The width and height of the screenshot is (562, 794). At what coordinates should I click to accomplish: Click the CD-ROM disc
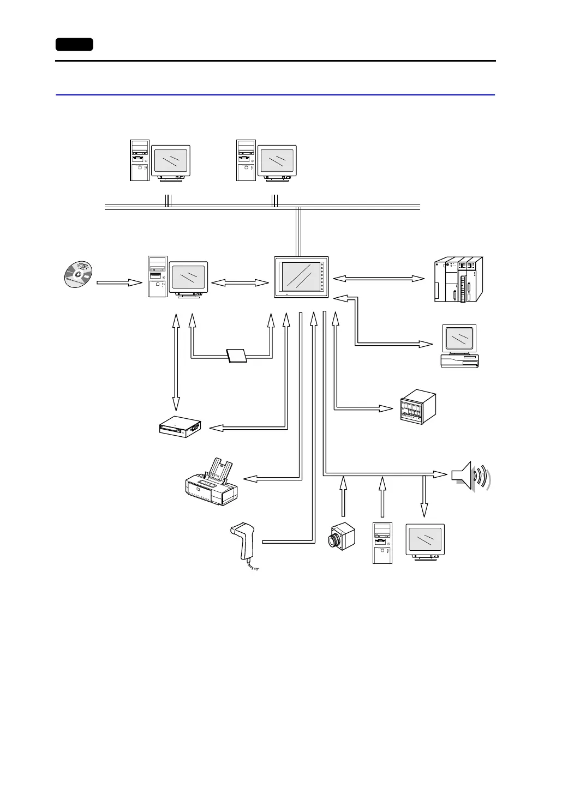click(x=78, y=274)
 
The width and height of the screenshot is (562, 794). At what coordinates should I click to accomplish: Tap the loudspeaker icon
click(x=470, y=476)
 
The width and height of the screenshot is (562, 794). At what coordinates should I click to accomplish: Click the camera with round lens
click(x=342, y=536)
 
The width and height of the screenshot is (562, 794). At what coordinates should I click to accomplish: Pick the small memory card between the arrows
click(x=237, y=355)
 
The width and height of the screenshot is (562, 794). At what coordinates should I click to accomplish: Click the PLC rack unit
click(x=458, y=279)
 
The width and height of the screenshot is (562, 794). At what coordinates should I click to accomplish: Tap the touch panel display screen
click(x=301, y=277)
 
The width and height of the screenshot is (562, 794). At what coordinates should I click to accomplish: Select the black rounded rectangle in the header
click(x=74, y=45)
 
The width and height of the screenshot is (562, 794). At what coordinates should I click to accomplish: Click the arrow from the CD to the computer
click(x=119, y=282)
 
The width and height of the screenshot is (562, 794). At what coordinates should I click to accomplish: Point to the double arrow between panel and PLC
click(x=379, y=279)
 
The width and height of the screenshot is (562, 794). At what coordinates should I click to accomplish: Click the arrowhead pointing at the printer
click(x=250, y=479)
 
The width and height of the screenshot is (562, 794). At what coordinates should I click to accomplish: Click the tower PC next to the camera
click(x=382, y=543)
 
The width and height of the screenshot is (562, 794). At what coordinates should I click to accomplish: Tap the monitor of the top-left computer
click(x=171, y=161)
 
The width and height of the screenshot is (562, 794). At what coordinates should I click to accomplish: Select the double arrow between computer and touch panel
click(x=240, y=282)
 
